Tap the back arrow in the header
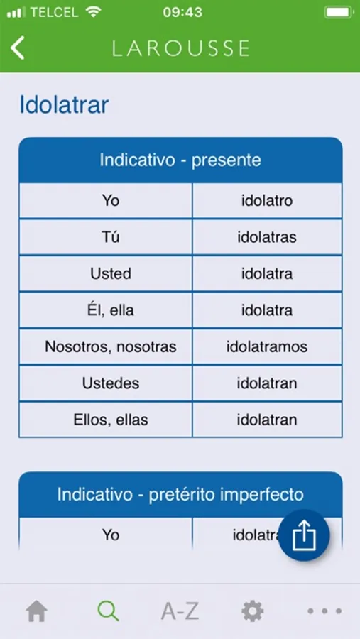18,48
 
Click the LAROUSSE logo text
180,48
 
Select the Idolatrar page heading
64,105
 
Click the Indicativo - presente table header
180,160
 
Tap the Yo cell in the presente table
106,200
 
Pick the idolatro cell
267,200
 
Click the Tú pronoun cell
106,237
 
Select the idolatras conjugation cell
267,237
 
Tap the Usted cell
106,273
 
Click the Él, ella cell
106,310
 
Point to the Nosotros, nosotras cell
106,346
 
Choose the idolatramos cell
267,346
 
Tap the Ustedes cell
106,383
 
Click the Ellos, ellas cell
106,420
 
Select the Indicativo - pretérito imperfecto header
180,495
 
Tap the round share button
304,535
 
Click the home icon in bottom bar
37,611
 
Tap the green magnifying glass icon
109,611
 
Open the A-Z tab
180,611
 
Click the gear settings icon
252,611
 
